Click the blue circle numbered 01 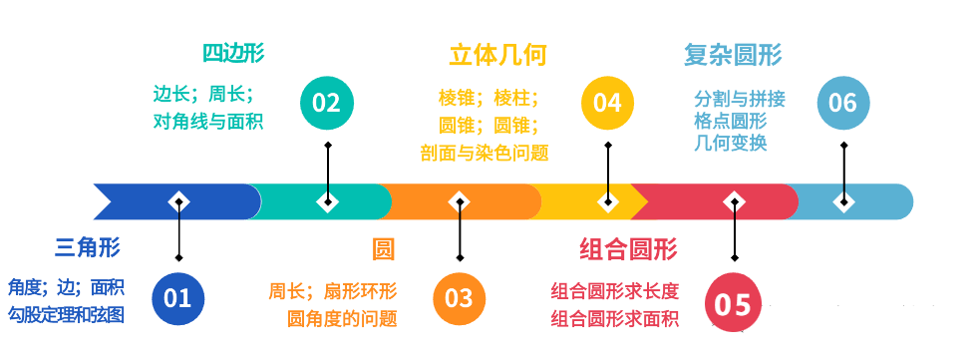coord(177,297)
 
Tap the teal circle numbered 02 coord(327,103)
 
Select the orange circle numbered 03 coord(460,297)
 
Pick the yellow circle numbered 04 coord(607,103)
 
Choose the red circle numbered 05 coord(734,302)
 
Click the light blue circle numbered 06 coord(843,103)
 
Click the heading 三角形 coord(88,247)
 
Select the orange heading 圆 coord(383,247)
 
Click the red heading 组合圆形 coord(628,247)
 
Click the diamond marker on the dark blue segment coord(178,201)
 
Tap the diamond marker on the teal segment coord(327,201)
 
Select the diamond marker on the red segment coord(735,201)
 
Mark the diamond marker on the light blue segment coord(843,201)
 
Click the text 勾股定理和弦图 coord(66,315)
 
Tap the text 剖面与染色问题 coord(484,153)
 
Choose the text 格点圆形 coord(731,121)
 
